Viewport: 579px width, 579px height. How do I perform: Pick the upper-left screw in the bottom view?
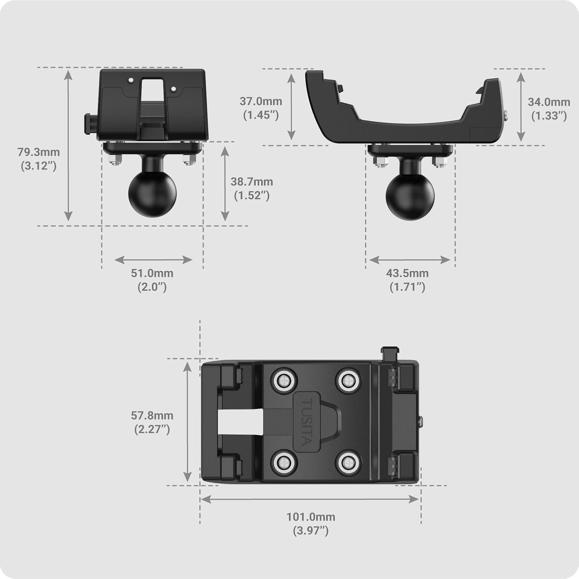[284, 381]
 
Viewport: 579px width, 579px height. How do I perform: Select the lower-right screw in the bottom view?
[348, 461]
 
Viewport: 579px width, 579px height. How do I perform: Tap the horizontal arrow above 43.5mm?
[410, 260]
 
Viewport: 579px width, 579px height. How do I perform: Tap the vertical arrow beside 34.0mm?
[521, 107]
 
